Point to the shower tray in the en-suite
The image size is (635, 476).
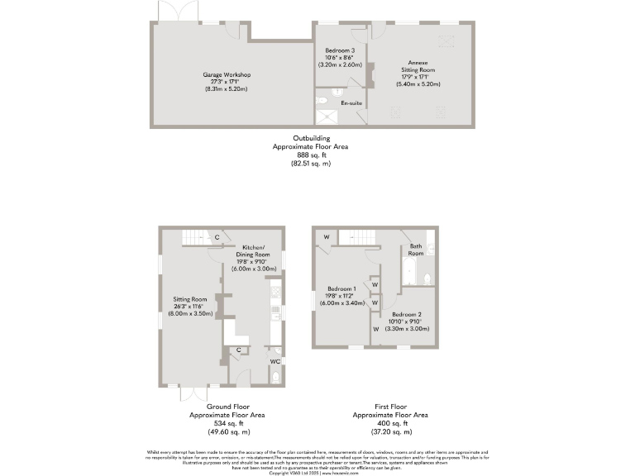(x=328, y=115)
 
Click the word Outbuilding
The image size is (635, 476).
(x=311, y=138)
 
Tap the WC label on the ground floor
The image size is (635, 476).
(x=275, y=361)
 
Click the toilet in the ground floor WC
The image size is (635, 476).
(x=275, y=378)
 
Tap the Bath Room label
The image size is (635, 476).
(x=416, y=250)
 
